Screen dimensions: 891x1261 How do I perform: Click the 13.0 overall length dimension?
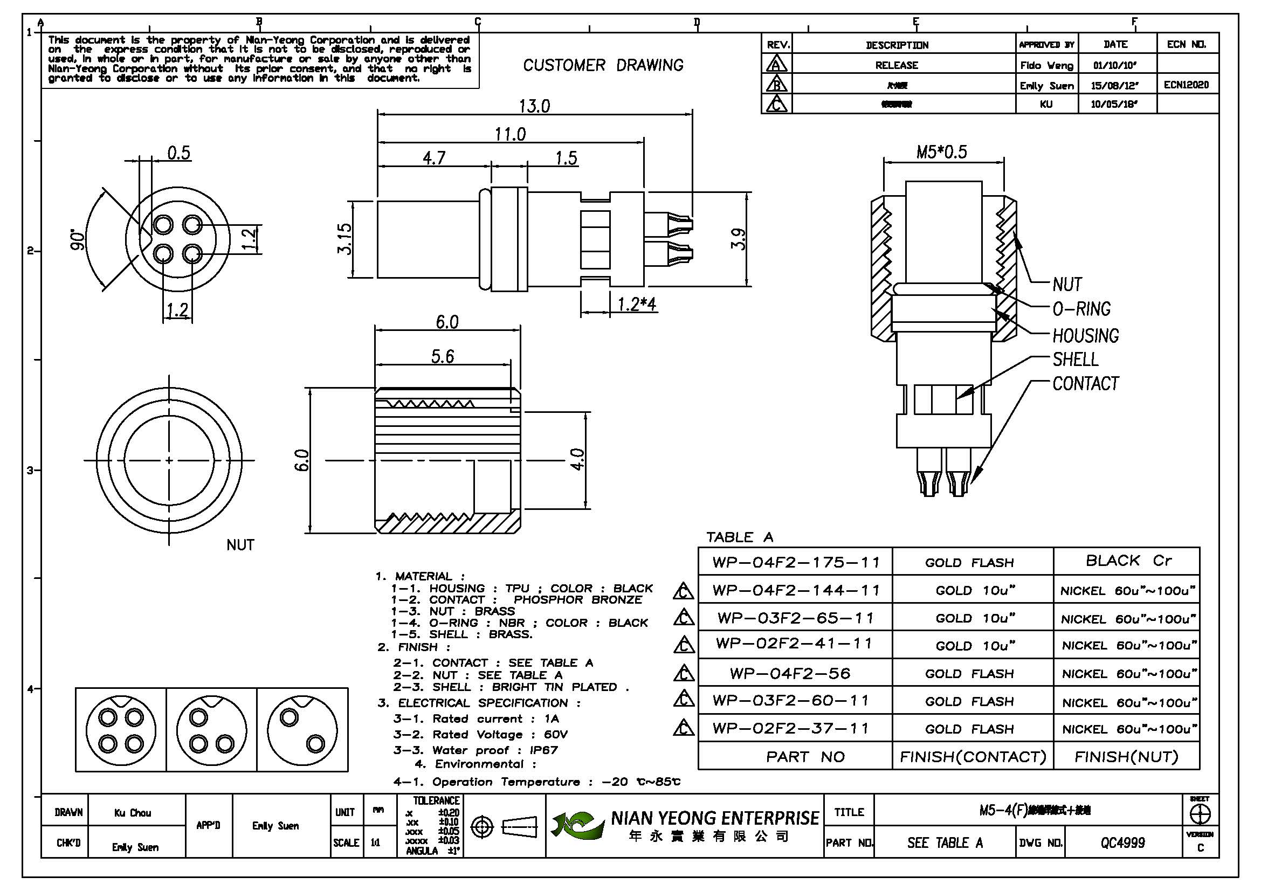(534, 106)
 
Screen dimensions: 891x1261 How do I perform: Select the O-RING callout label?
(1081, 309)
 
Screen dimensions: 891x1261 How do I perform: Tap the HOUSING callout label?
(1085, 335)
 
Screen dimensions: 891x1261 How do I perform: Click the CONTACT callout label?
(1085, 384)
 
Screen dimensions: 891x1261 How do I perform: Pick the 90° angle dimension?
(79, 240)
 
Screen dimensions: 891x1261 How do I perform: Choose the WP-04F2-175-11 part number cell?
(795, 562)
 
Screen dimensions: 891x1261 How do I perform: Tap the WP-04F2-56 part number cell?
(790, 674)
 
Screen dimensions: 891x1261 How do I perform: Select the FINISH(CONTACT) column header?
(972, 757)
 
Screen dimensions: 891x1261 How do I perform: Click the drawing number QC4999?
(1122, 842)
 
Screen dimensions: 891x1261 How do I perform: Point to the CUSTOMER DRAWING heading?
(603, 65)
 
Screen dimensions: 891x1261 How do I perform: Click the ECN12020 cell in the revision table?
(1186, 85)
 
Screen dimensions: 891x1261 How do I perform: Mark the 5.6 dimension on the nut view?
(442, 357)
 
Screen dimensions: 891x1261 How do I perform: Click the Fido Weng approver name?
(1046, 65)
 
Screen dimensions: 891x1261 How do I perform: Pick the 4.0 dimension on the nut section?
(577, 459)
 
